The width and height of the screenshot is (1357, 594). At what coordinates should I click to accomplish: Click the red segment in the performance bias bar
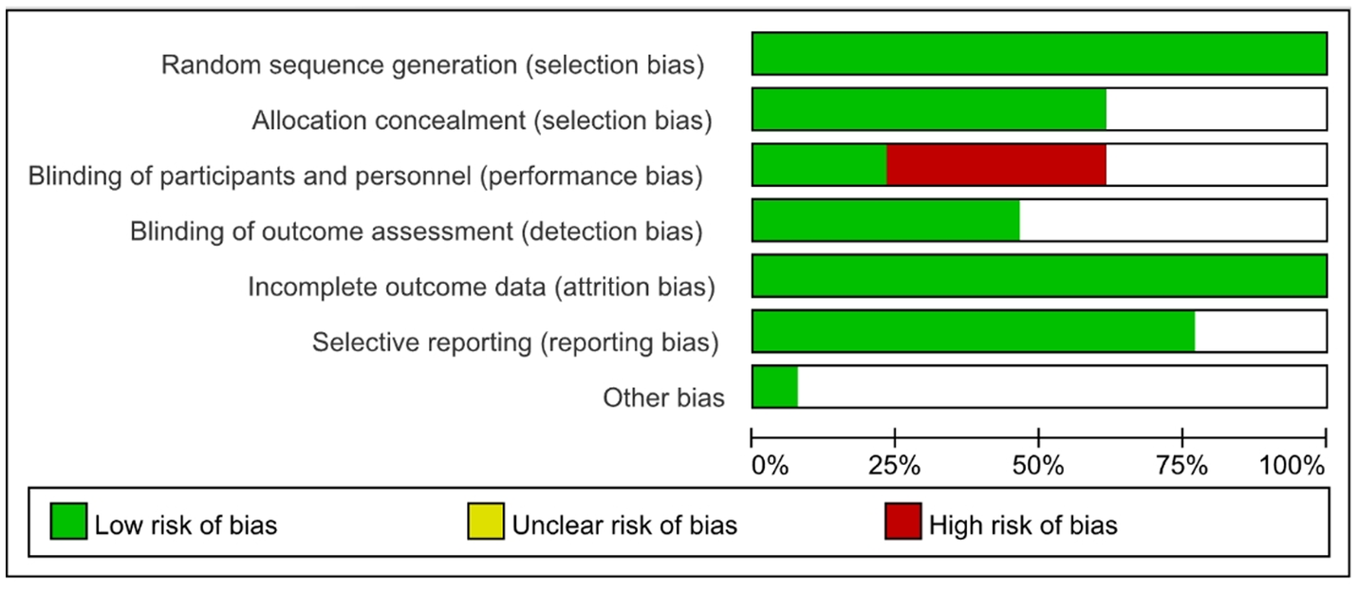[x=995, y=164]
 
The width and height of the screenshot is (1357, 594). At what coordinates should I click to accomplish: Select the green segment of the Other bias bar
[x=774, y=386]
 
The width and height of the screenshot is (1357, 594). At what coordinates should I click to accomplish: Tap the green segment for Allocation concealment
[x=928, y=109]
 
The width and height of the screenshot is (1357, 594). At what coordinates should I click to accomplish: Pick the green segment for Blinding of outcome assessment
[x=885, y=220]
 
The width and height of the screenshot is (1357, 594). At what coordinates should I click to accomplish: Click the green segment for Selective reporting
[x=973, y=331]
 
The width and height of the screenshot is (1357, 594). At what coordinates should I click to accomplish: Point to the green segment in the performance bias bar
[x=819, y=164]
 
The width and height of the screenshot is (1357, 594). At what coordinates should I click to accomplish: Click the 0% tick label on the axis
[x=770, y=466]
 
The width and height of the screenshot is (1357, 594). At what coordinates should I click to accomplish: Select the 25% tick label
[x=895, y=466]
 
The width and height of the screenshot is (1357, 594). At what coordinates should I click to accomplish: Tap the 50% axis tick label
[x=1038, y=466]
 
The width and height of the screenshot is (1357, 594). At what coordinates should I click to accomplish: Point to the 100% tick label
[x=1292, y=466]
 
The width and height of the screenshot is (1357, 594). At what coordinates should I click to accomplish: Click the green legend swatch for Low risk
[x=68, y=523]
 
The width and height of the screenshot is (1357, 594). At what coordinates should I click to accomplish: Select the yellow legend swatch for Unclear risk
[x=486, y=523]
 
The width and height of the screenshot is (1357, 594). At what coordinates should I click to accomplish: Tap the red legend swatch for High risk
[x=902, y=523]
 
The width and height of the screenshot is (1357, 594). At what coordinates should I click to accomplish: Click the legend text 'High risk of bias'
[x=1023, y=524]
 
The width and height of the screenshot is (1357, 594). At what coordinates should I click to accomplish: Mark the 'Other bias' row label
[x=663, y=398]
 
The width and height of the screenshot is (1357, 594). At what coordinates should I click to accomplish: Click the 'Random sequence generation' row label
[x=433, y=65]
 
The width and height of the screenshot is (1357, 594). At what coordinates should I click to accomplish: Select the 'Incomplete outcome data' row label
[x=480, y=287]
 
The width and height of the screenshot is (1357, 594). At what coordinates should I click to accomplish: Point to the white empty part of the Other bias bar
[x=1061, y=386]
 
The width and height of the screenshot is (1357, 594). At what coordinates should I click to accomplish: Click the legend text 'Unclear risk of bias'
[x=624, y=524]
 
